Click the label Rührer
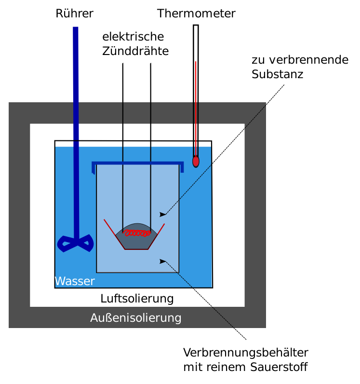pos(74,14)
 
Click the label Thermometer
pos(196,14)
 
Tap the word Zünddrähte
pos(135,52)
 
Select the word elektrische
pos(133,37)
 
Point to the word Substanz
pos(277,75)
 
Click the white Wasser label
pos(75,281)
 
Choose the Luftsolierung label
pos(137,299)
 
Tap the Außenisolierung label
pos(136,318)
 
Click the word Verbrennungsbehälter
pos(245,352)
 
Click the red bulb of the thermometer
pos(196,161)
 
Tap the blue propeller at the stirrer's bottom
pos(75,243)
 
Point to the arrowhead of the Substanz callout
pos(163,214)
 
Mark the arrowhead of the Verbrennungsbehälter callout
pos(163,261)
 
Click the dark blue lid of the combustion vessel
pos(138,164)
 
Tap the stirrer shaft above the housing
pos(76,63)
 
